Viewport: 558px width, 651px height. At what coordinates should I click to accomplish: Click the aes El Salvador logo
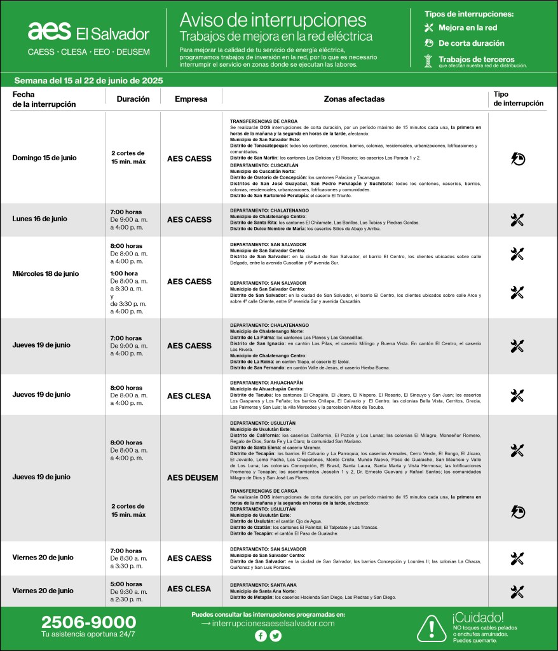(88, 32)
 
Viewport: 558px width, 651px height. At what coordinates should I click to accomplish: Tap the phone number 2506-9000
(88, 622)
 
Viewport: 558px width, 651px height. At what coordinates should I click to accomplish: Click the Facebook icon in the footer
(261, 636)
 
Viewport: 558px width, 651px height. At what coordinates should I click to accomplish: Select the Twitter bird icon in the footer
(275, 636)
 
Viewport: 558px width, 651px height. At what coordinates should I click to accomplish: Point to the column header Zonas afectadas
(354, 99)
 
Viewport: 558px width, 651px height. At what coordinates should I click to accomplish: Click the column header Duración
(133, 99)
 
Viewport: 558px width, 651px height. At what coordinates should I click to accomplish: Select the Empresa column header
(191, 99)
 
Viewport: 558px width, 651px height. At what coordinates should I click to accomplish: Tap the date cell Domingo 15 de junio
(44, 158)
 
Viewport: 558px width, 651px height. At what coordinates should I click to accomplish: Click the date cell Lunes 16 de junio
(39, 219)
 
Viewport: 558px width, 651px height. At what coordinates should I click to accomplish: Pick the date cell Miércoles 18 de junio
(45, 274)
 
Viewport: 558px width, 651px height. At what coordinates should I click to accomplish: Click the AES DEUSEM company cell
(193, 477)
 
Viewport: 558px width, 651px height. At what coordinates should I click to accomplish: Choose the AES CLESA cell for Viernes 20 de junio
(189, 589)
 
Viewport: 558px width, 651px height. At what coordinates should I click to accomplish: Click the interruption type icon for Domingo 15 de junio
(517, 158)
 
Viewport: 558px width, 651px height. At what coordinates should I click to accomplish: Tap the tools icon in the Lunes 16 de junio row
(517, 220)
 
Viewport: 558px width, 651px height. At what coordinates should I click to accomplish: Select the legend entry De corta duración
(471, 43)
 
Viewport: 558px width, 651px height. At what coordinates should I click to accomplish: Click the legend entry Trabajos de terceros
(476, 59)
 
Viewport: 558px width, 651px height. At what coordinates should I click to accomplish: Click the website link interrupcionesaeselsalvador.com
(273, 624)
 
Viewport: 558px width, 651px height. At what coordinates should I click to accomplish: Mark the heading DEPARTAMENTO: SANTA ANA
(255, 584)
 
